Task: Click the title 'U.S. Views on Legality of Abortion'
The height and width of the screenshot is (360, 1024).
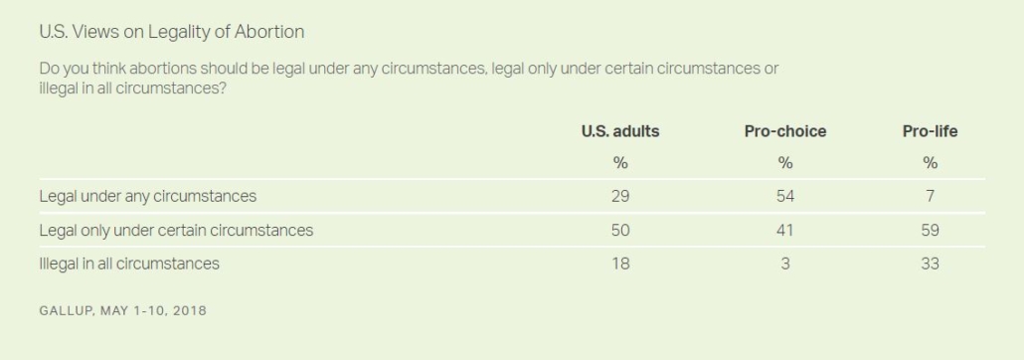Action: pos(172,32)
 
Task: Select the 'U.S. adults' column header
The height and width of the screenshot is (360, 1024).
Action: pos(620,131)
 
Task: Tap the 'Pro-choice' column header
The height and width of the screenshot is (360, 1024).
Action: pos(785,131)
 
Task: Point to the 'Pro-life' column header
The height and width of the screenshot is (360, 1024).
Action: pos(930,131)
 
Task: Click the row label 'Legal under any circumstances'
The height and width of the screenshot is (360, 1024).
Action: pos(147,196)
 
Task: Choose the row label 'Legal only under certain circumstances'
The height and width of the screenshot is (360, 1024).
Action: pos(176,230)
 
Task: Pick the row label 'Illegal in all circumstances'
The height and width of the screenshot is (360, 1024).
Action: pos(129,264)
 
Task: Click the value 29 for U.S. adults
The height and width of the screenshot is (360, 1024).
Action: pos(620,196)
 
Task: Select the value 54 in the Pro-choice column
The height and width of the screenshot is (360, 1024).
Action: pos(785,196)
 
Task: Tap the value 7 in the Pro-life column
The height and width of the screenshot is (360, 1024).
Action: pos(930,196)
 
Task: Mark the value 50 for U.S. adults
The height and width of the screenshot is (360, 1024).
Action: pos(620,230)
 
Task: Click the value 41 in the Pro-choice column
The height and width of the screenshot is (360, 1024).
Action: pos(785,230)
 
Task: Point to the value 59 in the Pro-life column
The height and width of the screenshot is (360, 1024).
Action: pos(930,230)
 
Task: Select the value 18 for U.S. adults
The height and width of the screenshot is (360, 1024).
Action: pos(620,264)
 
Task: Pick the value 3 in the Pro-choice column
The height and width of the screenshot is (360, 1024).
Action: pos(785,264)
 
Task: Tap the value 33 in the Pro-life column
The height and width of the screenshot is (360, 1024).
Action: pos(930,264)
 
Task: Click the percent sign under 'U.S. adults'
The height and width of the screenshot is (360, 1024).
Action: pos(620,163)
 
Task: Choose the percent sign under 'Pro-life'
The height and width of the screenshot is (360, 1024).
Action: pos(930,163)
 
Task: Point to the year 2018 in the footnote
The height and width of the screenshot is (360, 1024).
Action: pos(190,310)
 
